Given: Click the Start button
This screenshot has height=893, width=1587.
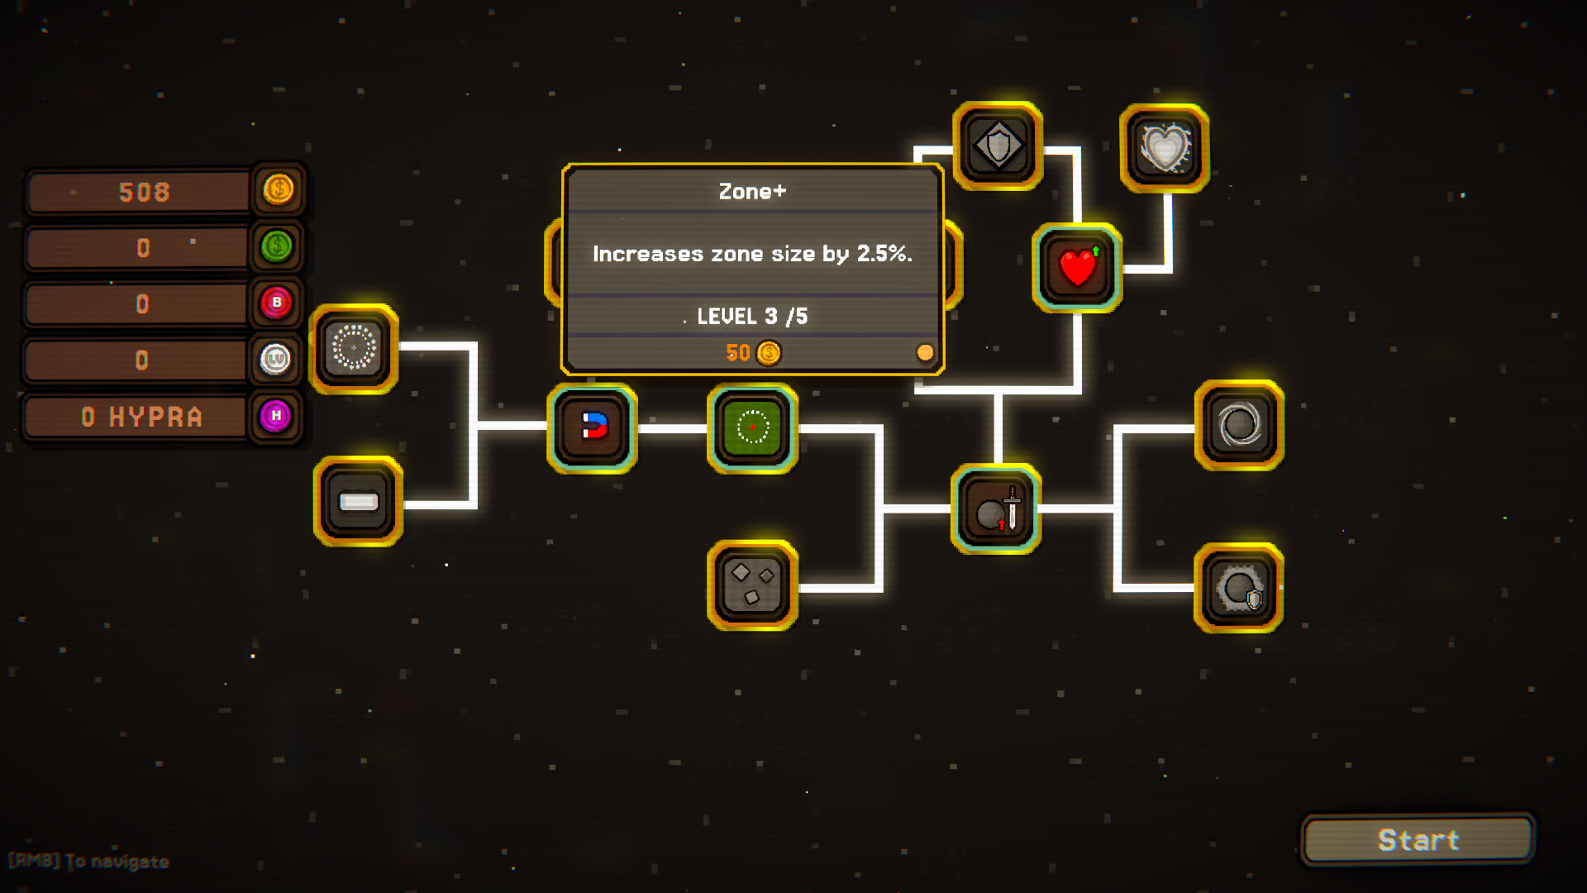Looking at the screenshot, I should coord(1418,840).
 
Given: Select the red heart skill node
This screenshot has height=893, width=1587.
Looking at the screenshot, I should coord(1077,268).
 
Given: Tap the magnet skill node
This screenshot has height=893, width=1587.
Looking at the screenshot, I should coord(593,427).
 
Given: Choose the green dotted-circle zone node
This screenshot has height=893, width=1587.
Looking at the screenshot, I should coord(752,427).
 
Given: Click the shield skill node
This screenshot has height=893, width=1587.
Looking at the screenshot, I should coord(998,146).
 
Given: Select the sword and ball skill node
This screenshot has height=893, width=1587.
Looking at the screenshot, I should coord(996,509).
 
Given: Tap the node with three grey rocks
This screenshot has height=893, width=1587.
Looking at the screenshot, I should coord(752,585).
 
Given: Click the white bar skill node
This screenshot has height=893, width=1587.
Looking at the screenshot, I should coord(358,501).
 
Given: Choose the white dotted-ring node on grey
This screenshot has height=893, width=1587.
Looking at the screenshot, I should coord(354,349).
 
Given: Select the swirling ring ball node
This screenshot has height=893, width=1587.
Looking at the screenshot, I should coord(1239,425).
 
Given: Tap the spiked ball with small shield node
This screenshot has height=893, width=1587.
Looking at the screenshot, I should coord(1238,588).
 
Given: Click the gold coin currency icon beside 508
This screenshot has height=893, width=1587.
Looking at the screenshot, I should coord(279,190).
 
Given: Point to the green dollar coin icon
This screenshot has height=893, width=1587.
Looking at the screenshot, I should coord(277,246).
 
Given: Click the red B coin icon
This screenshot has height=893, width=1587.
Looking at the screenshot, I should coord(277,303).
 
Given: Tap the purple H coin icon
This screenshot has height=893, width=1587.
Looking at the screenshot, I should coord(276,415).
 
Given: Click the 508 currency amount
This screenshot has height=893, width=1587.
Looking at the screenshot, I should coord(144,193).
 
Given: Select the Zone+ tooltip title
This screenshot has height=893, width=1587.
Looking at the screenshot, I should coord(752,191).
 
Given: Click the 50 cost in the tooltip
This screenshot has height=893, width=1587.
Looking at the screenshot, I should coord(738,353).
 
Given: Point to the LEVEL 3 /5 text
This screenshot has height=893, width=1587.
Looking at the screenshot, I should coord(752,316).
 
